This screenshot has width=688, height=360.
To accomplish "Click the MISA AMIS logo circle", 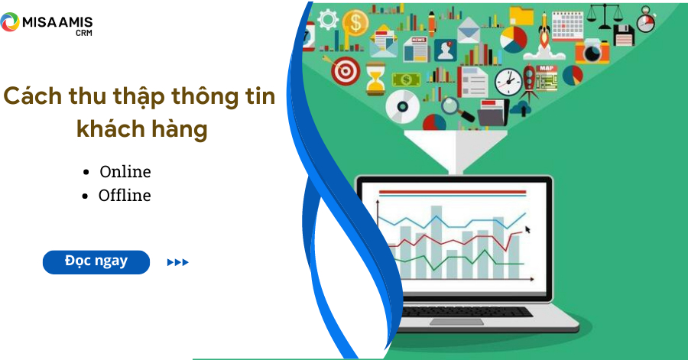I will (11, 23).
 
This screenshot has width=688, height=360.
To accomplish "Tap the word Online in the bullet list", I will (125, 171).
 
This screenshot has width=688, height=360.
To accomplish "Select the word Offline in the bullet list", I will (125, 195).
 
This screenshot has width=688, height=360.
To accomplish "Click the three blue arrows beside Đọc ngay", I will (177, 262).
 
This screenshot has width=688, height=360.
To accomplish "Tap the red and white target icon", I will (346, 71).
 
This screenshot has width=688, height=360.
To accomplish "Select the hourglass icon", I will (375, 78).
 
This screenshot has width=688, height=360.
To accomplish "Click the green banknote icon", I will (407, 79).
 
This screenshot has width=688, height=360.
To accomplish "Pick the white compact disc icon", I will (401, 106).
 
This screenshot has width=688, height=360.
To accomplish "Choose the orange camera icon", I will (592, 50).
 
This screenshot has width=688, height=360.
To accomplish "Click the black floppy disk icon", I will (622, 35).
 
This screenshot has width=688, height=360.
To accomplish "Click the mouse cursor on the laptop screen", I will (527, 229).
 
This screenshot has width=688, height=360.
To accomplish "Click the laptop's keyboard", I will (467, 312).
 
